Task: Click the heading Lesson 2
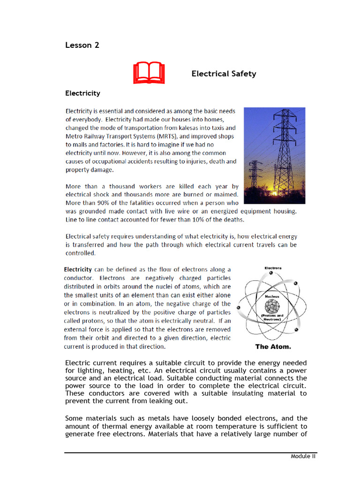click(82, 45)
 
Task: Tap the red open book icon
click(149, 74)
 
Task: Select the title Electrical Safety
click(224, 74)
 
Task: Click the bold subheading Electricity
click(82, 93)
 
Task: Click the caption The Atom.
click(273, 347)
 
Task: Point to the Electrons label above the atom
click(273, 268)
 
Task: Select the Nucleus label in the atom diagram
click(272, 297)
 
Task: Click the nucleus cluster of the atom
click(272, 307)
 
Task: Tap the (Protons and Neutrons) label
click(272, 318)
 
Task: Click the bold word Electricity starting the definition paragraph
click(78, 270)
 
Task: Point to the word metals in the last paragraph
click(145, 418)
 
